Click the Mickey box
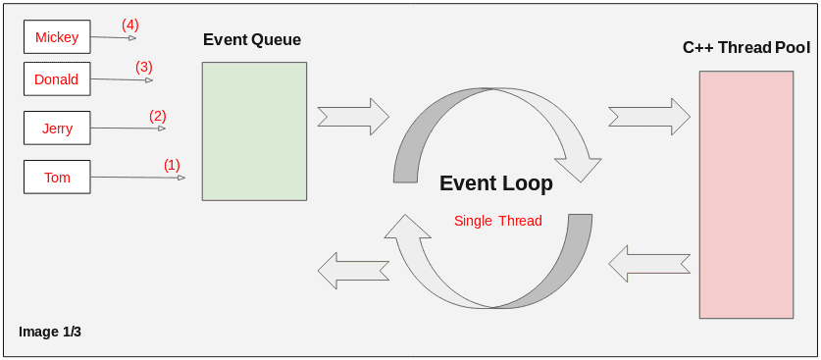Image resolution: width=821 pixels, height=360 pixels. [57, 37]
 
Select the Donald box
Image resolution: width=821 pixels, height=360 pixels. [57, 79]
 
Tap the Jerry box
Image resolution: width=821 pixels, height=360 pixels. [57, 129]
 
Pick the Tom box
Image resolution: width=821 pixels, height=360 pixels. [57, 178]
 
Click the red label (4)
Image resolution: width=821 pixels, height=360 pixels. [130, 24]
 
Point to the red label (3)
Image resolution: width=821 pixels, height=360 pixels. [144, 67]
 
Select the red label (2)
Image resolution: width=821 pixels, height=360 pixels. [158, 116]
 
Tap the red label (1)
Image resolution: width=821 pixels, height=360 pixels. [172, 165]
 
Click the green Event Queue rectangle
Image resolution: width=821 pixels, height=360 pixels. [254, 131]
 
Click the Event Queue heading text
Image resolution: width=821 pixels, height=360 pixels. [252, 40]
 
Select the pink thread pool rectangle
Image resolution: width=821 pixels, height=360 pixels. [746, 194]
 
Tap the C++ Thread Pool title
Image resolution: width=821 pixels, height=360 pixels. [746, 48]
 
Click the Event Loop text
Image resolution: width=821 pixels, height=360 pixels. [496, 183]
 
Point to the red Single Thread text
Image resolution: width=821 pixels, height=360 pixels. [498, 221]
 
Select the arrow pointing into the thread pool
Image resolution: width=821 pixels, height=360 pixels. [648, 116]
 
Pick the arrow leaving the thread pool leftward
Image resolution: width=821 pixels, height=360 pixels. [648, 263]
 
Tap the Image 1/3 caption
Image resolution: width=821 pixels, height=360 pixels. [50, 332]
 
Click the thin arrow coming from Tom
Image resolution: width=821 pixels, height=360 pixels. [137, 178]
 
